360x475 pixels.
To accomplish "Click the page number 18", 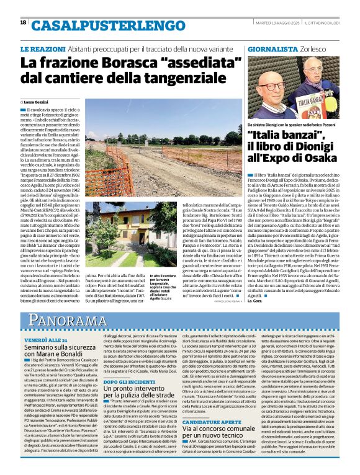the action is click(x=24, y=22).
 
